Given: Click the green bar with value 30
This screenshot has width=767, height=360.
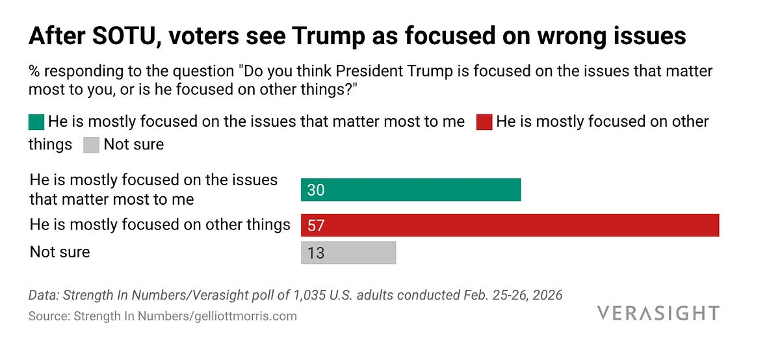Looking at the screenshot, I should click(x=411, y=190).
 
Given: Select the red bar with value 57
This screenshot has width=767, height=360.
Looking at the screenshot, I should click(x=510, y=225).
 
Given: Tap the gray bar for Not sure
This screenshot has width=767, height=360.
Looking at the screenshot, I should click(x=348, y=252).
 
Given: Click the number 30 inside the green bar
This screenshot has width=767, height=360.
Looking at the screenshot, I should click(x=316, y=190).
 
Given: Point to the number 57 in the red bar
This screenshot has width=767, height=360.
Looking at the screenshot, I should click(x=316, y=225).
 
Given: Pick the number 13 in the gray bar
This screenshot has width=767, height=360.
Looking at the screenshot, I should click(x=316, y=253).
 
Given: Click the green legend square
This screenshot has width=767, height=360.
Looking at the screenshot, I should click(x=36, y=122).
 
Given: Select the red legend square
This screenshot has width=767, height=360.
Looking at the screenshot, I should click(x=484, y=122).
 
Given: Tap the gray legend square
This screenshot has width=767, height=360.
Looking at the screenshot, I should click(x=91, y=144).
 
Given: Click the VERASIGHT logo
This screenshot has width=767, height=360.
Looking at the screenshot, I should click(x=658, y=313).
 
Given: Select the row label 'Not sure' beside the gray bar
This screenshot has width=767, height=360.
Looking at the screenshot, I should click(x=60, y=252).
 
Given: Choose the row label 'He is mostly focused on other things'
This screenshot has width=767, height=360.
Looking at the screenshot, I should click(x=160, y=225).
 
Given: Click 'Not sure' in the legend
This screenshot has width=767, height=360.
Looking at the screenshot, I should click(x=133, y=144).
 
